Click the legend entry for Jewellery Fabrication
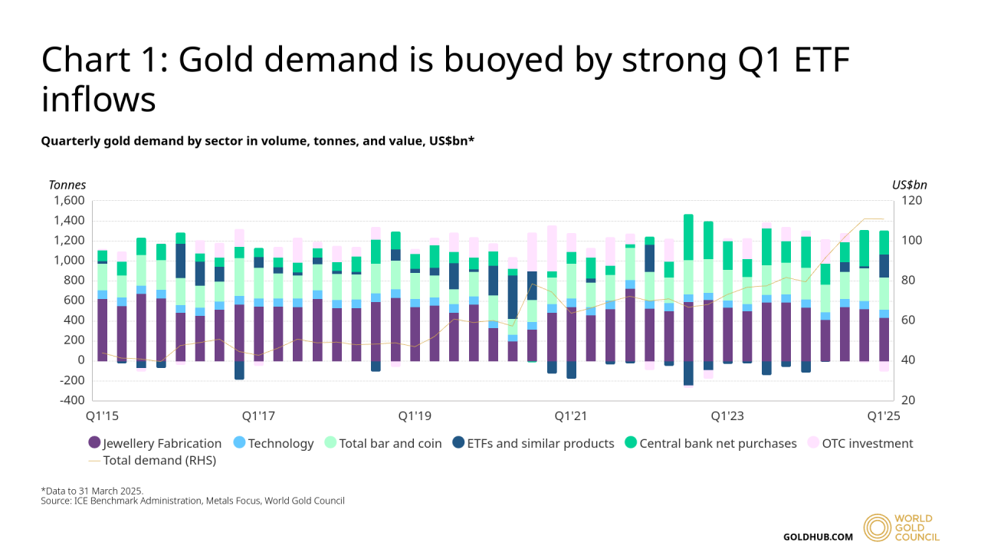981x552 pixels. (156, 443)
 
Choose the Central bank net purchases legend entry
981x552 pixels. (710, 443)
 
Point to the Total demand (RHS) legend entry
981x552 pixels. (152, 461)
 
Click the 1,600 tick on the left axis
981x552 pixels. (69, 201)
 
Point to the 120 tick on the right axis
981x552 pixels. (910, 201)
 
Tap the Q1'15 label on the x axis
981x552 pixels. (102, 416)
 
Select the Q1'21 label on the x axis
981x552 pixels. (571, 416)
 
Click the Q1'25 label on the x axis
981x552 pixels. (884, 416)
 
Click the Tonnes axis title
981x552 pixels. (67, 185)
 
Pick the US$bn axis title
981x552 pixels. (909, 185)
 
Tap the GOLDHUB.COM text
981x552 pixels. (818, 537)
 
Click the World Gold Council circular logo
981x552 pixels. (879, 528)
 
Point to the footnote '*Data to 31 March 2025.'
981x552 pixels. (92, 491)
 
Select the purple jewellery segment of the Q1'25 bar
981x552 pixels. (884, 339)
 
